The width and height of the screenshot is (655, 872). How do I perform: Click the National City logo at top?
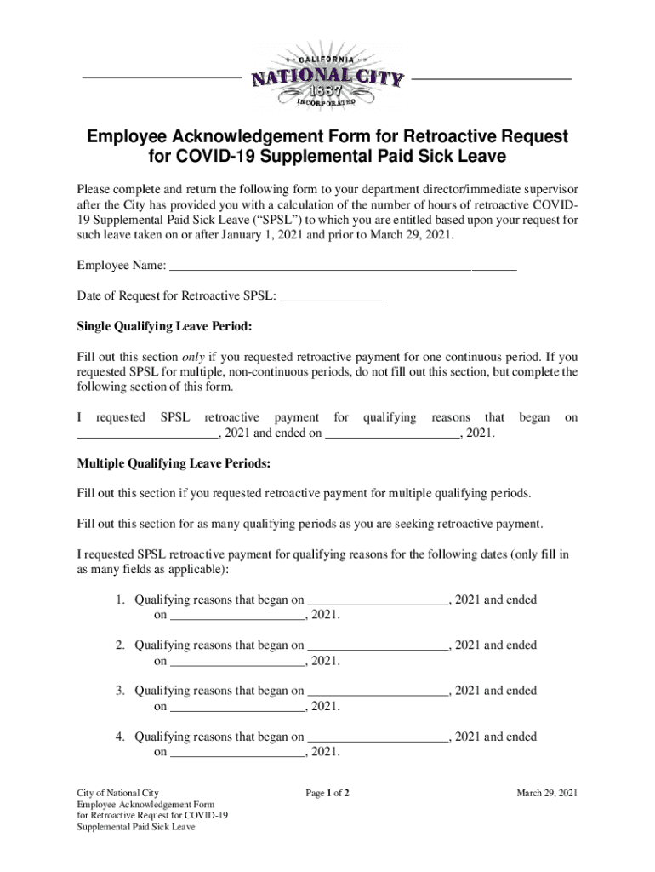(x=327, y=78)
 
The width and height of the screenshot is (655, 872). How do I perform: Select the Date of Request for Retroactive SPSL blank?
(x=330, y=295)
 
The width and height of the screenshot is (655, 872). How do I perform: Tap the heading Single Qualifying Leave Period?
(x=165, y=326)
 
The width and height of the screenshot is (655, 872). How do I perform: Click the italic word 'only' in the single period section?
(x=193, y=357)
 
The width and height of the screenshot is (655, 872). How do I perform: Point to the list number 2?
(x=121, y=645)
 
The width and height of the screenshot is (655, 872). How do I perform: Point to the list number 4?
(x=121, y=737)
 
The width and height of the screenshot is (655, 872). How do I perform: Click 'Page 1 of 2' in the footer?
(x=327, y=794)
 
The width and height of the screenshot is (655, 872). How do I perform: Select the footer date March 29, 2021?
(x=547, y=794)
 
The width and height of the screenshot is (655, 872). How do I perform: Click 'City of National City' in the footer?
(x=117, y=794)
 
